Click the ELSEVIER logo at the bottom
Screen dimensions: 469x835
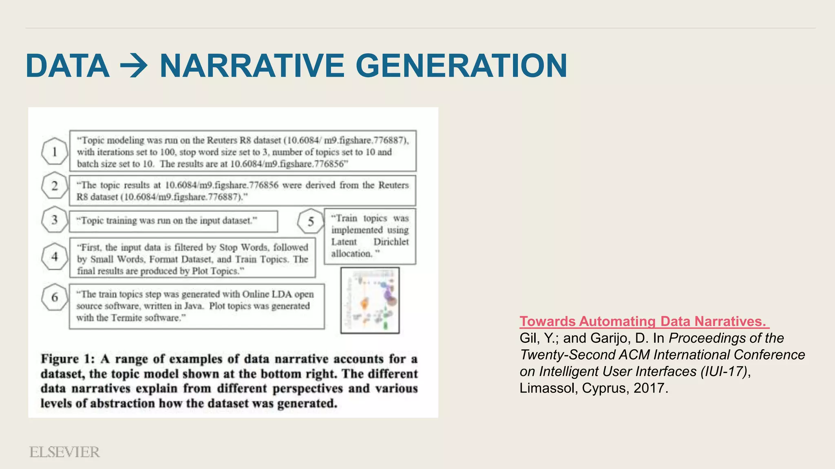64,452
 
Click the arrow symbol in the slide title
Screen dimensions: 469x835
134,66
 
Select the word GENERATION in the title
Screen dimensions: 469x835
461,66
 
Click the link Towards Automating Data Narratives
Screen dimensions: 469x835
644,322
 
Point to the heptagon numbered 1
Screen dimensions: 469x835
55,152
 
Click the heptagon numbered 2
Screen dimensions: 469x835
55,186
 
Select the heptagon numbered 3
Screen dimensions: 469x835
55,220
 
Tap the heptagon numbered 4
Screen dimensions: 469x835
55,257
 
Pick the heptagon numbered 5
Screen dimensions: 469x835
311,222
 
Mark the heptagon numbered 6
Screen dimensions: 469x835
55,298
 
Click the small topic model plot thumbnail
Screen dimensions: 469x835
370,300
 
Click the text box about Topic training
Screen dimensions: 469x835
173,221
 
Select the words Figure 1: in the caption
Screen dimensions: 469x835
68,359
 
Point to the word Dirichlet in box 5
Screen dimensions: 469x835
391,242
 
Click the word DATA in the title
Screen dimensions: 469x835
68,66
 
